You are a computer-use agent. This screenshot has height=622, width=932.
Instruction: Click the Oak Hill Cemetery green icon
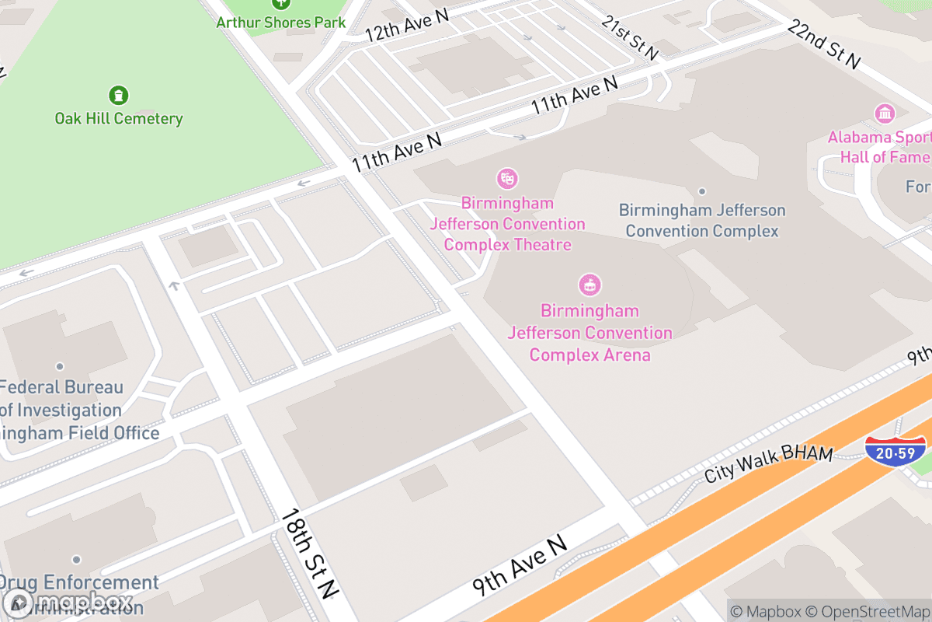118,95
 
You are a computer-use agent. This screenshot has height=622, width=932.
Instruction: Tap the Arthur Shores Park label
280,22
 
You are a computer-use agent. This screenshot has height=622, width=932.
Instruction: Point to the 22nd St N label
824,44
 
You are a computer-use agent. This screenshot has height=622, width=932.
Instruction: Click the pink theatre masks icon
507,179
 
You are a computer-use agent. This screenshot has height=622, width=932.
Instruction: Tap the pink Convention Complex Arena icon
590,285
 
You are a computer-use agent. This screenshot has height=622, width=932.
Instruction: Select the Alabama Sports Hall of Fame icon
885,114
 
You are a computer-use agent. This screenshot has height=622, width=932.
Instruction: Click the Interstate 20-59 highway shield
895,450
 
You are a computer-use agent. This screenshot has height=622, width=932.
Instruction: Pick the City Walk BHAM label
769,464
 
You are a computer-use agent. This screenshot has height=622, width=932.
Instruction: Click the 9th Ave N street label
520,566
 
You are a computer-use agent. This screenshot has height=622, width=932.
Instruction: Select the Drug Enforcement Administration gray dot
76,560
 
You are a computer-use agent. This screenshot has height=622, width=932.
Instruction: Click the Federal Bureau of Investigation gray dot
60,366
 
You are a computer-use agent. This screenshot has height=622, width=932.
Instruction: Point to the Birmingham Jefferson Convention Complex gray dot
702,191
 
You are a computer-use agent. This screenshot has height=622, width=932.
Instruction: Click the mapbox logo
70,603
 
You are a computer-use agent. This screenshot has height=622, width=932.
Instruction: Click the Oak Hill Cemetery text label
119,119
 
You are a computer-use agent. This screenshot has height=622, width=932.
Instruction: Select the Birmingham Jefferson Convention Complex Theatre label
507,224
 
